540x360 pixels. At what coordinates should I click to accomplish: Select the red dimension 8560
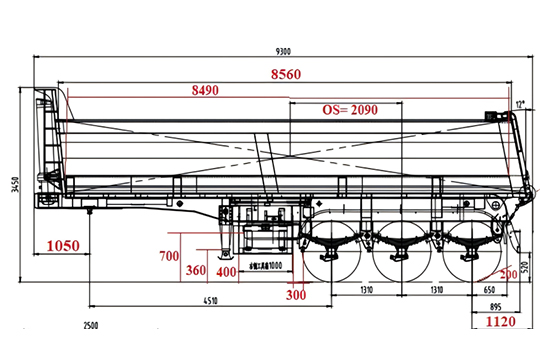click(288, 74)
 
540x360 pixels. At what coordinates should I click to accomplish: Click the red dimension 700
click(169, 256)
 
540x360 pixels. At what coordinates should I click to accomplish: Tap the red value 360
click(196, 271)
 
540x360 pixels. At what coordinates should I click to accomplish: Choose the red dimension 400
click(226, 271)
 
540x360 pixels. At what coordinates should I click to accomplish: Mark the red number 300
click(295, 295)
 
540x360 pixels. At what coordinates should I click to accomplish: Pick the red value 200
click(510, 272)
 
